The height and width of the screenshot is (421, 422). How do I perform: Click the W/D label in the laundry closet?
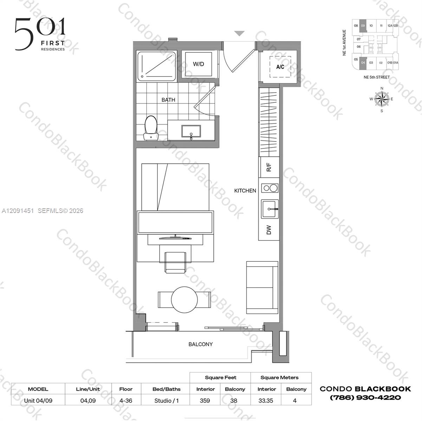(199, 64)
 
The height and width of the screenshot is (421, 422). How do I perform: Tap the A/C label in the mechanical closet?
(280, 67)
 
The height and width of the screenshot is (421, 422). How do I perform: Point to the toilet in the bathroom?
(151, 128)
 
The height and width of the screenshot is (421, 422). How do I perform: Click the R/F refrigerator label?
(269, 167)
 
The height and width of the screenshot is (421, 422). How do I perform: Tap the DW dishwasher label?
(269, 230)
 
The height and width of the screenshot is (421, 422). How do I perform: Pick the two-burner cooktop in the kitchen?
(270, 188)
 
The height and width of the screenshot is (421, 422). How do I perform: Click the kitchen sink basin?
(270, 209)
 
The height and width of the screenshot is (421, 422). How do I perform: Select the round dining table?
(184, 299)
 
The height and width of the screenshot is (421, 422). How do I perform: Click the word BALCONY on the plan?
(200, 344)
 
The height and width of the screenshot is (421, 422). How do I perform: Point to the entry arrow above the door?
(239, 33)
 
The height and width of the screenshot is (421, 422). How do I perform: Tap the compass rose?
(382, 99)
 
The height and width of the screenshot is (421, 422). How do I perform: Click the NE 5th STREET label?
(376, 77)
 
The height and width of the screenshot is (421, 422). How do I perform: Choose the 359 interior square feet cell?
(205, 400)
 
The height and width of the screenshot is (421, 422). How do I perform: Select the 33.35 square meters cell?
(266, 400)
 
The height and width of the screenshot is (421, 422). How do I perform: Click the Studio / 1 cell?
(167, 400)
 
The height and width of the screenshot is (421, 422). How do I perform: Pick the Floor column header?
(126, 389)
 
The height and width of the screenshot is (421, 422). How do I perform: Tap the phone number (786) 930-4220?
(365, 397)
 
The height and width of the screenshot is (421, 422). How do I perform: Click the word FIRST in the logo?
(53, 43)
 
